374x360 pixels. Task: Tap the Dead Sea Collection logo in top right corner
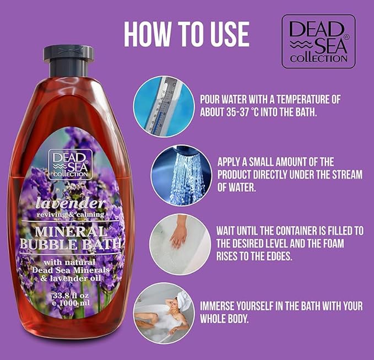318,41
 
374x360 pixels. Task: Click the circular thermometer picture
164,106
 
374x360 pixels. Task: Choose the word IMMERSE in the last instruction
223,306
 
